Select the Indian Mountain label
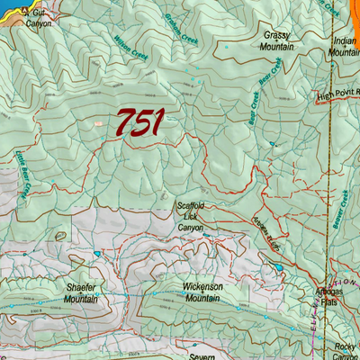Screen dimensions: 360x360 coord(345,47)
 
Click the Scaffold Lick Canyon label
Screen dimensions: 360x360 coord(190,217)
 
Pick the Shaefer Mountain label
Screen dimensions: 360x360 coord(81,293)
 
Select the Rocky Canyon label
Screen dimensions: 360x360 coord(346,351)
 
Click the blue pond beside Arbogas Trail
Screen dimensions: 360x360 coord(279,267)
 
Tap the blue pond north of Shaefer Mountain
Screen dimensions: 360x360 coord(96,255)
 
